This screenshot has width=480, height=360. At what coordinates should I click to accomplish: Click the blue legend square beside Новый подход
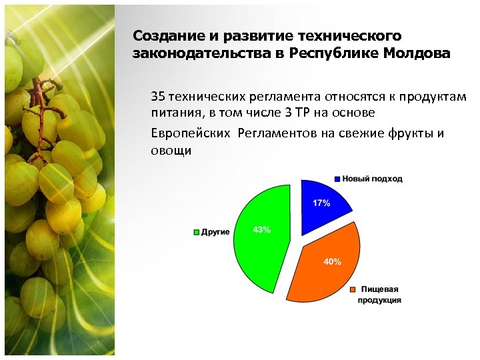tap(337, 179)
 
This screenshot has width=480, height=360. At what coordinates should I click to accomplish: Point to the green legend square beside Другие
tap(197, 232)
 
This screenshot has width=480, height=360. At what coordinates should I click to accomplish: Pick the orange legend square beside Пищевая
tap(351, 289)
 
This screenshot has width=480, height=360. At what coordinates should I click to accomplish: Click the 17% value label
tap(321, 203)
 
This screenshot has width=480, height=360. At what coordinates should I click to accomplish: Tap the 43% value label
tap(261, 230)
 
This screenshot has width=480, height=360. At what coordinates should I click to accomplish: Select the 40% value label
tap(332, 262)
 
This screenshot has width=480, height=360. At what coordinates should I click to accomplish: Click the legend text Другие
tap(215, 232)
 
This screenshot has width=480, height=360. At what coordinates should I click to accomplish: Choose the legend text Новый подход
tap(372, 179)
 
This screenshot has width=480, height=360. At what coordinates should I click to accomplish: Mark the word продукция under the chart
tap(379, 301)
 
